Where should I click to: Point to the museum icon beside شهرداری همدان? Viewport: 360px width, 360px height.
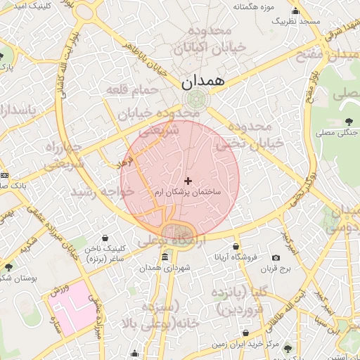(165, 258)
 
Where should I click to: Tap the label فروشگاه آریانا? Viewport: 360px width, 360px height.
(236, 257)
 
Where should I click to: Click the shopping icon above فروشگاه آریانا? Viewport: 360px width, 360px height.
(236, 247)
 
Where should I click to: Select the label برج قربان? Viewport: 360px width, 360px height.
(276, 269)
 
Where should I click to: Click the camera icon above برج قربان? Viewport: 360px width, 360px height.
(276, 259)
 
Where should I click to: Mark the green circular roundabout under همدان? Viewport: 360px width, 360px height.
(196, 99)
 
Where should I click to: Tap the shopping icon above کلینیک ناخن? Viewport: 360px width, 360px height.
(105, 238)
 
